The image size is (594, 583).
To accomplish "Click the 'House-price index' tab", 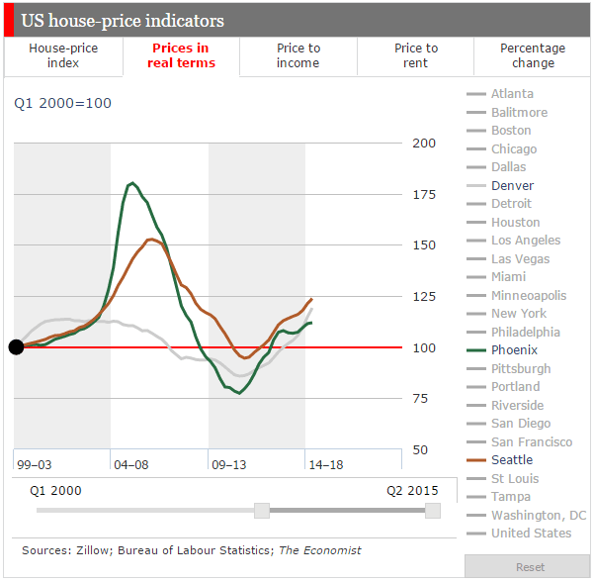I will (63, 55).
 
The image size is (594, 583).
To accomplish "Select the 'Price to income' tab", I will (297, 55).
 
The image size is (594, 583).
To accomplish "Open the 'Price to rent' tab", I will (415, 55).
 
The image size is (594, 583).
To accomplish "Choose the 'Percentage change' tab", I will (533, 55).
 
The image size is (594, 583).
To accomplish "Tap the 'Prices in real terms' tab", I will (181, 55).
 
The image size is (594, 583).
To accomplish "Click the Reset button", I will (530, 567).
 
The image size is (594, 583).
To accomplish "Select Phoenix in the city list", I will (515, 350).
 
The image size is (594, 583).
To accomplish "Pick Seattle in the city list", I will (511, 460).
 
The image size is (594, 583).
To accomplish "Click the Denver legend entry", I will (512, 185).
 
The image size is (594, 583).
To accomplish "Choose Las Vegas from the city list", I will (520, 258).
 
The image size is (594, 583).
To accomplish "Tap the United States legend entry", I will (531, 534).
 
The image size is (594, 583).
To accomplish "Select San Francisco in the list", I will (531, 441).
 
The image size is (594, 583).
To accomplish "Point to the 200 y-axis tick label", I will (423, 143).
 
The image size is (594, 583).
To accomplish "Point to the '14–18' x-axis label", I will (327, 463).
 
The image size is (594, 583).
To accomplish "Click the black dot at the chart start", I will (16, 346).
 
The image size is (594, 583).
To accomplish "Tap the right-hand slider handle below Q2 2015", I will (432, 510).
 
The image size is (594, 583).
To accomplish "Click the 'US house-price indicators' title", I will (123, 21).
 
